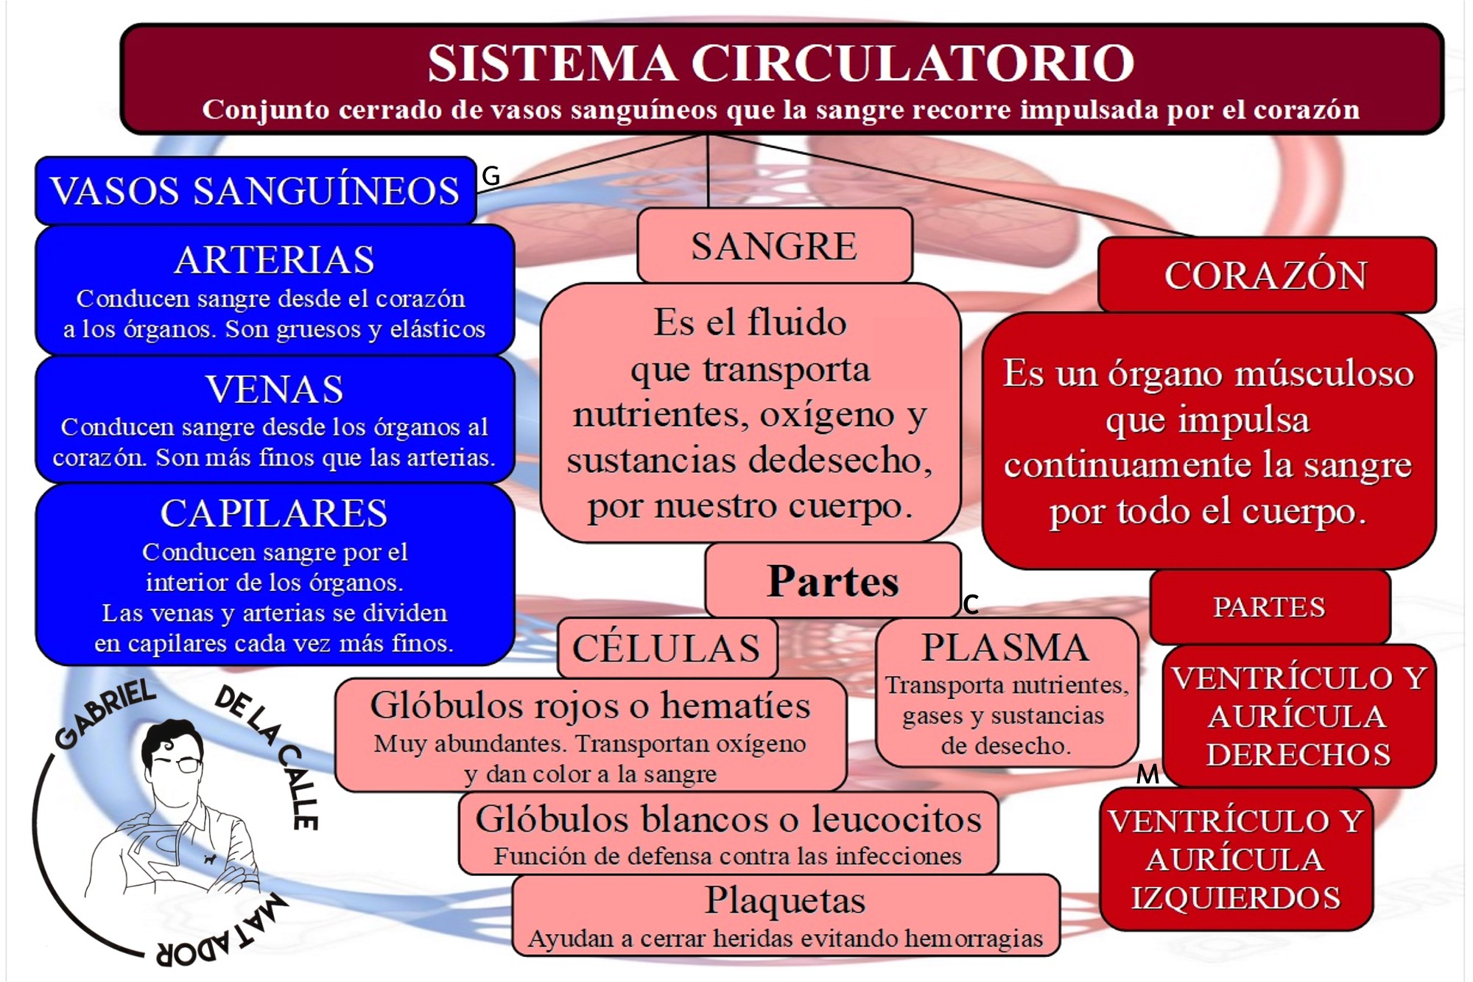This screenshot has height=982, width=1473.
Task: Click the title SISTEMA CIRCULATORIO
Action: click(x=781, y=63)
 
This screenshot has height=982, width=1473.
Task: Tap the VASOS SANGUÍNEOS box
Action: click(x=255, y=191)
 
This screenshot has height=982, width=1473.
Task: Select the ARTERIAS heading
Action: click(x=274, y=260)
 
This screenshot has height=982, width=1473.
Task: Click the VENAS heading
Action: click(x=274, y=389)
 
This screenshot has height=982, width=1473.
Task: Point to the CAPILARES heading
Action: click(x=274, y=513)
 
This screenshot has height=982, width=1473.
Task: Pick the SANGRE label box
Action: click(x=774, y=246)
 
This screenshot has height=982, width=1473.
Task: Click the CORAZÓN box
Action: click(x=1265, y=276)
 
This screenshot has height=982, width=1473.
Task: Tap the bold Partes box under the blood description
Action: click(x=832, y=581)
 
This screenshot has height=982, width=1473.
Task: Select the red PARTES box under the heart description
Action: click(x=1269, y=607)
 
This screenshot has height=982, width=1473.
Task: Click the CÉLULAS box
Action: click(x=667, y=648)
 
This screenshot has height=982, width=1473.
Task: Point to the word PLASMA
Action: click(x=1005, y=648)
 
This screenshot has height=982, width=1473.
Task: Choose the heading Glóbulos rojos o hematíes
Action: click(x=590, y=705)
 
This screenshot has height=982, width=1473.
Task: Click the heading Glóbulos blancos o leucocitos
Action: click(x=728, y=818)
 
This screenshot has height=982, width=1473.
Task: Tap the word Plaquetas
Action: click(x=785, y=899)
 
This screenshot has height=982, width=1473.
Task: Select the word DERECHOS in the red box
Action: click(x=1298, y=755)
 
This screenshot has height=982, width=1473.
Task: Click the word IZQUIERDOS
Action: click(x=1236, y=898)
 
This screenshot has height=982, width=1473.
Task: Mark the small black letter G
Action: click(x=491, y=176)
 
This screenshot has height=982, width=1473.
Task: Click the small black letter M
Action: click(x=1147, y=774)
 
